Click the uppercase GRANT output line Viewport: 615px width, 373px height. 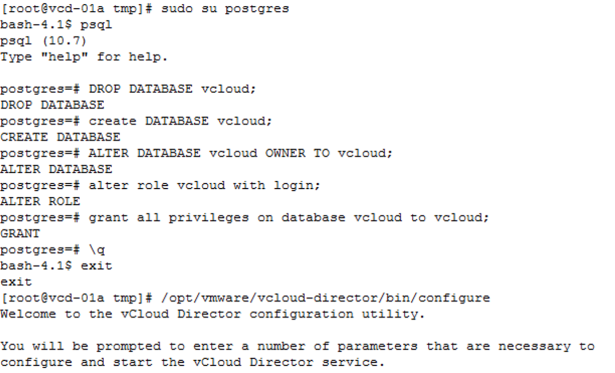coord(20,234)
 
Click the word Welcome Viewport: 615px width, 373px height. coord(28,314)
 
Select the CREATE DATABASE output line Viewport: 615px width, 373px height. coord(59,136)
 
